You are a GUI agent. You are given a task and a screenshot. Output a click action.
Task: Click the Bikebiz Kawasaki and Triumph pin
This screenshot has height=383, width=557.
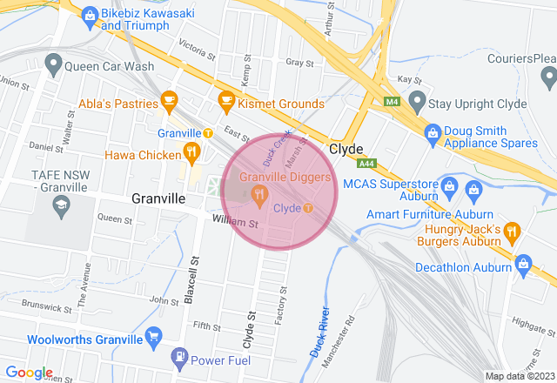pos(89,15)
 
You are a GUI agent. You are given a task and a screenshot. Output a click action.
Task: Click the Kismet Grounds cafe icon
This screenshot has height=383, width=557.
pos(226,101)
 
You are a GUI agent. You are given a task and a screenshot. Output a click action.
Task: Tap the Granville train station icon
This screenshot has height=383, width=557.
pos(208,133)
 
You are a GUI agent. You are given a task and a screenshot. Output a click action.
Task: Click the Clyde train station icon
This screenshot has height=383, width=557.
pos(308,208)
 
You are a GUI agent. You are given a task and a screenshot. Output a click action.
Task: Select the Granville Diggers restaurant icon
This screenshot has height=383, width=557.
pos(258,197)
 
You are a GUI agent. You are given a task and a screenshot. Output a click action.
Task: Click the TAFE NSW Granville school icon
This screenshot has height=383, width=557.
pos(61,206)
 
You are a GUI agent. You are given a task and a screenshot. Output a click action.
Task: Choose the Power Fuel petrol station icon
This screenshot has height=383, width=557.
pos(178,357)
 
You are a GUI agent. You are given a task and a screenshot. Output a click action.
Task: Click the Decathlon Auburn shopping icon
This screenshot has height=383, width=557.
pos(524,262)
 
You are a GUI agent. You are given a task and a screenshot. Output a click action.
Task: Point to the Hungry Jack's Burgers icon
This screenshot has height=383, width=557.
pos(512,232)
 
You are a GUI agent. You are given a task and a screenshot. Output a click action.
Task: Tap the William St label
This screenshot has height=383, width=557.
pos(236,224)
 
